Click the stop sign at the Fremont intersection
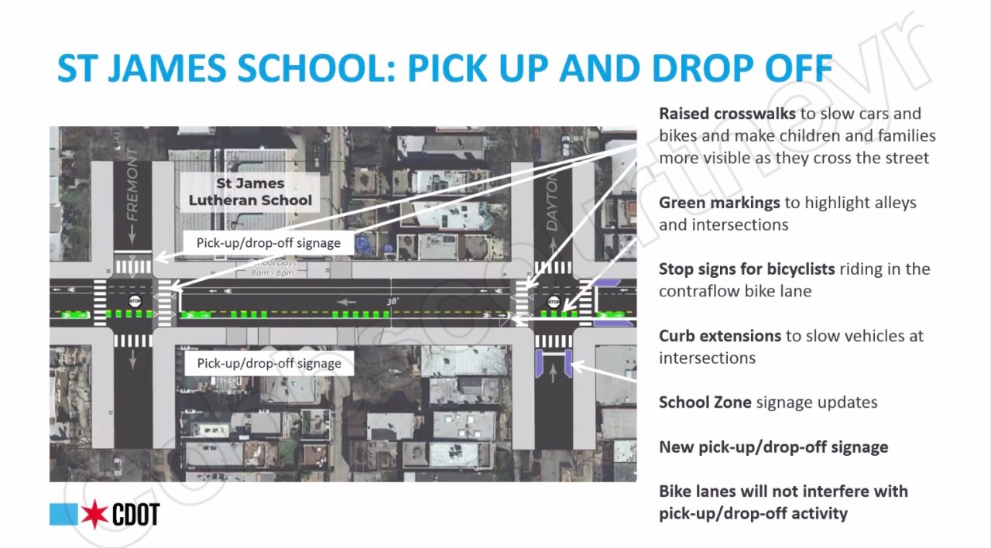[x=135, y=300]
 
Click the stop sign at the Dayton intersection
[x=554, y=301]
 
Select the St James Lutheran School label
[x=250, y=192]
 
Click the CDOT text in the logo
[x=136, y=515]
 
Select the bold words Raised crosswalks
[x=727, y=114]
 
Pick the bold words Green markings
[x=719, y=203]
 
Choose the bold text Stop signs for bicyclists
[x=746, y=269]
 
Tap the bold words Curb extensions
[x=720, y=336]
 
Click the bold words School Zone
[x=705, y=402]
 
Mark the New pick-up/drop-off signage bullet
[x=773, y=447]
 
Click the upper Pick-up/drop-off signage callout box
[x=268, y=242]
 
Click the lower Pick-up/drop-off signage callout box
[x=269, y=363]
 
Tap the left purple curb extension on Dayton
[x=540, y=363]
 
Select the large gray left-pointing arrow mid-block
[x=347, y=302]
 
